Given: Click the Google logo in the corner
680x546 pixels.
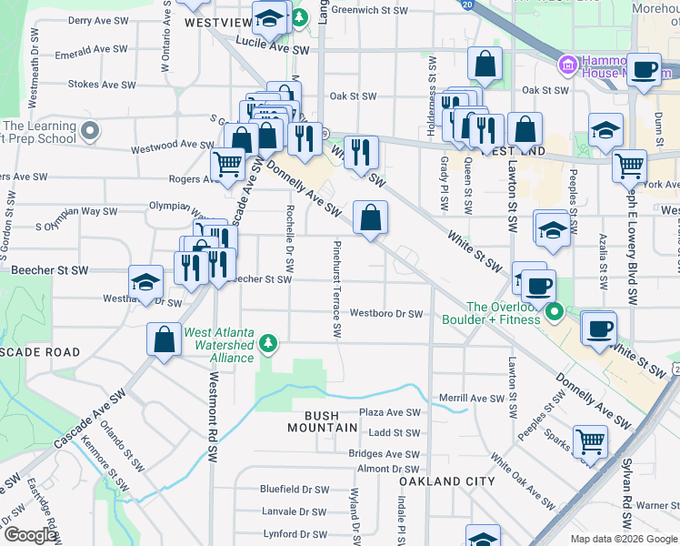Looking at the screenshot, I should [x=29, y=535].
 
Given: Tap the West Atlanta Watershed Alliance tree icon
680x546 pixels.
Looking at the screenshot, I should [x=266, y=342].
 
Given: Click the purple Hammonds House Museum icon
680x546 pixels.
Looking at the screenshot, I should [x=568, y=65].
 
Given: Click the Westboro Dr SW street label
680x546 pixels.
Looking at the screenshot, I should [x=386, y=314].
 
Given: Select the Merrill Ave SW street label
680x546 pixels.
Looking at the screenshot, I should [x=471, y=399].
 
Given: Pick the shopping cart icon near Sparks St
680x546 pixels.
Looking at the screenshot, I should [x=591, y=442].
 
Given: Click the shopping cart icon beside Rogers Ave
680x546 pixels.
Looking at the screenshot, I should [x=227, y=165].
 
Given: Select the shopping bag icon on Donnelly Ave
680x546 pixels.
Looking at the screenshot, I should [x=370, y=218].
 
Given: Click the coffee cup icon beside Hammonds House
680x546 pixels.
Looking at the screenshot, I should [x=645, y=70].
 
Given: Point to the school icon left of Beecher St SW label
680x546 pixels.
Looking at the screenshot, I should [x=145, y=281].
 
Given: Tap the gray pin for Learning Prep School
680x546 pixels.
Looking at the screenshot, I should [x=89, y=133].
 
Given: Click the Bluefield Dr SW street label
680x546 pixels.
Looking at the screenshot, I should [x=294, y=489].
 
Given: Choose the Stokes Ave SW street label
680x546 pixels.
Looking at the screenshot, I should [x=102, y=85].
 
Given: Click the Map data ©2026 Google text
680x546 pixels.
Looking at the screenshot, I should [x=623, y=539].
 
